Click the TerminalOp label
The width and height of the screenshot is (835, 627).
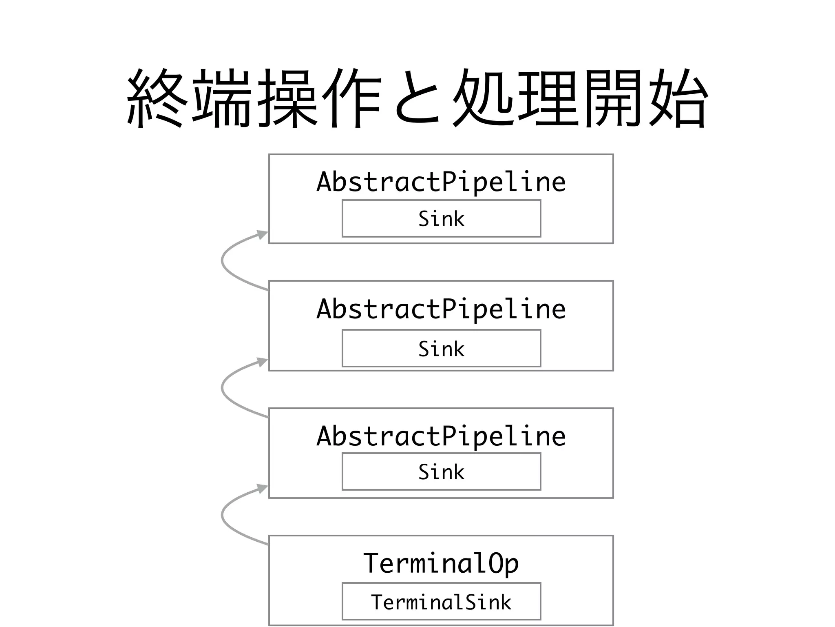coord(441,564)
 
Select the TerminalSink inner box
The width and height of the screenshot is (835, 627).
coord(441,601)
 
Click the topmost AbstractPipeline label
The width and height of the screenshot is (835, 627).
coord(441,182)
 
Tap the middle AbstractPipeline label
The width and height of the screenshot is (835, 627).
coord(441,309)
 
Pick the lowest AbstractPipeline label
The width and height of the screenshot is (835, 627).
coord(441,436)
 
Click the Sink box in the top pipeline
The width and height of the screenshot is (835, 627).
coord(441,218)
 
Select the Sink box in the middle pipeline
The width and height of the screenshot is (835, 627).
coord(441,348)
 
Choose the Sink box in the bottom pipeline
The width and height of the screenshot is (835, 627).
coord(441,471)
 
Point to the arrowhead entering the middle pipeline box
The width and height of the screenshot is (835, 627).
coord(262,362)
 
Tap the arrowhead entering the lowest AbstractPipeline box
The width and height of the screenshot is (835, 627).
coord(262,489)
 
